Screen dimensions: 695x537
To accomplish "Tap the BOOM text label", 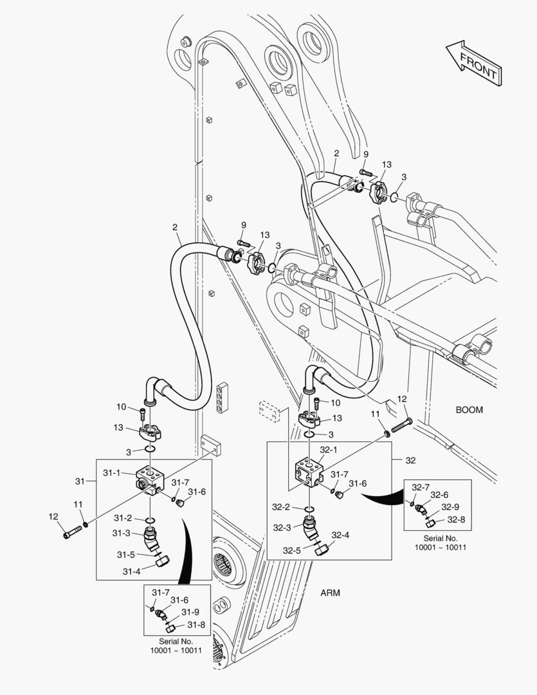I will click(469, 409).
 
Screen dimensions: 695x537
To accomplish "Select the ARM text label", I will click(330, 592).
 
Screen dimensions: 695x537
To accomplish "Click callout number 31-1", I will click(112, 473).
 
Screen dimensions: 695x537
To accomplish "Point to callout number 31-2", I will click(123, 518).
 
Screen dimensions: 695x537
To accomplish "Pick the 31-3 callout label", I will click(122, 533).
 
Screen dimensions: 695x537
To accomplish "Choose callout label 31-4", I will click(131, 571).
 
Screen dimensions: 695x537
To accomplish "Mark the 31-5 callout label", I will click(126, 555).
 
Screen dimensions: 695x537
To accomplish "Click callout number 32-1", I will click(329, 450).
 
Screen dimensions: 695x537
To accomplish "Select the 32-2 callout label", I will click(282, 507).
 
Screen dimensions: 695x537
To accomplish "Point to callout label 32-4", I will click(340, 535).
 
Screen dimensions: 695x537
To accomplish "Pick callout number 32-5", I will click(292, 550).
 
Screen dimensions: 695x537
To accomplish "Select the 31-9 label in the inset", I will click(190, 611).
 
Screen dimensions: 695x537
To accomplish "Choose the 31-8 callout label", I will click(196, 624).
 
